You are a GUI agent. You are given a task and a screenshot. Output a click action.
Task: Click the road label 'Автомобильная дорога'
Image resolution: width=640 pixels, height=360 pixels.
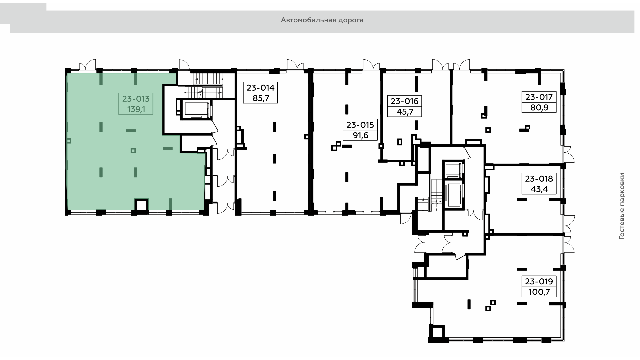coord(322,20)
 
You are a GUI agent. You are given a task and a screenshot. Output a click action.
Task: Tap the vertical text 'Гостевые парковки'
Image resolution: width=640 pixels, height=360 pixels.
coord(621,206)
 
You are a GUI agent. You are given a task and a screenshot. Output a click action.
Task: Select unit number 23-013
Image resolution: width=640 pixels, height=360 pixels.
coord(136,99)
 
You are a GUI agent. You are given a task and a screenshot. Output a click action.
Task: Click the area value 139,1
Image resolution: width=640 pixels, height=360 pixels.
coord(136,109)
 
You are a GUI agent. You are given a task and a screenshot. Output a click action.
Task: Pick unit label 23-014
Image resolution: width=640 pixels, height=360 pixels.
coord(261,88)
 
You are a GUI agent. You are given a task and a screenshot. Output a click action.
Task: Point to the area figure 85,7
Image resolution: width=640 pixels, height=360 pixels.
coord(261,98)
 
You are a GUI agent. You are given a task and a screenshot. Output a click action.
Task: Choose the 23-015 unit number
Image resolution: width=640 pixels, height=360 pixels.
coord(360,125)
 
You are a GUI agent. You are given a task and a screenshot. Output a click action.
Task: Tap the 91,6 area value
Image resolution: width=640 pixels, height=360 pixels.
coord(360,136)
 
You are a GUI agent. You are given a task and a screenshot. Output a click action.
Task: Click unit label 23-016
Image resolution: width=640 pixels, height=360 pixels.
coord(405,101)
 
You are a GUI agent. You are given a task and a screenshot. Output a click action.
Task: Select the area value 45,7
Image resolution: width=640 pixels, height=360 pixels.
coord(405,112)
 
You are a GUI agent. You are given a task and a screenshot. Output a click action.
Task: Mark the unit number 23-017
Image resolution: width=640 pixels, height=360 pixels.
coord(539,97)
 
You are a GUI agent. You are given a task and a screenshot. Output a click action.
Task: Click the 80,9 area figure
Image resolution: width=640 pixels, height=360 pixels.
coord(539,108)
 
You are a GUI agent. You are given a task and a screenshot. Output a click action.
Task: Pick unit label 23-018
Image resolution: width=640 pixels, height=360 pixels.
coord(539,179)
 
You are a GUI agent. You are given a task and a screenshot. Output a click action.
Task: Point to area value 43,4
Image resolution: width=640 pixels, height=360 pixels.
coord(539,189)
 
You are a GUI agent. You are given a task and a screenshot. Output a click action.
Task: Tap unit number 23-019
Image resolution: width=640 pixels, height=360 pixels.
coord(539,281)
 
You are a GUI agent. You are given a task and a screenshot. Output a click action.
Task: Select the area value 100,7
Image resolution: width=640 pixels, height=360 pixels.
coord(539,292)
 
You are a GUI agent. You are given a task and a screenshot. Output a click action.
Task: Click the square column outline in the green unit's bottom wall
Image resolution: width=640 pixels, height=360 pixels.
coord(141,205)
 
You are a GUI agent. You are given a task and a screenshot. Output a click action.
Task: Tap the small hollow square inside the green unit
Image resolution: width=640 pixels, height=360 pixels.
coord(133,150)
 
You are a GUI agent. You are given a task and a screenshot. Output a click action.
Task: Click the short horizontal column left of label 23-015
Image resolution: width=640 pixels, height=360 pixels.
coord(347,146)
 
